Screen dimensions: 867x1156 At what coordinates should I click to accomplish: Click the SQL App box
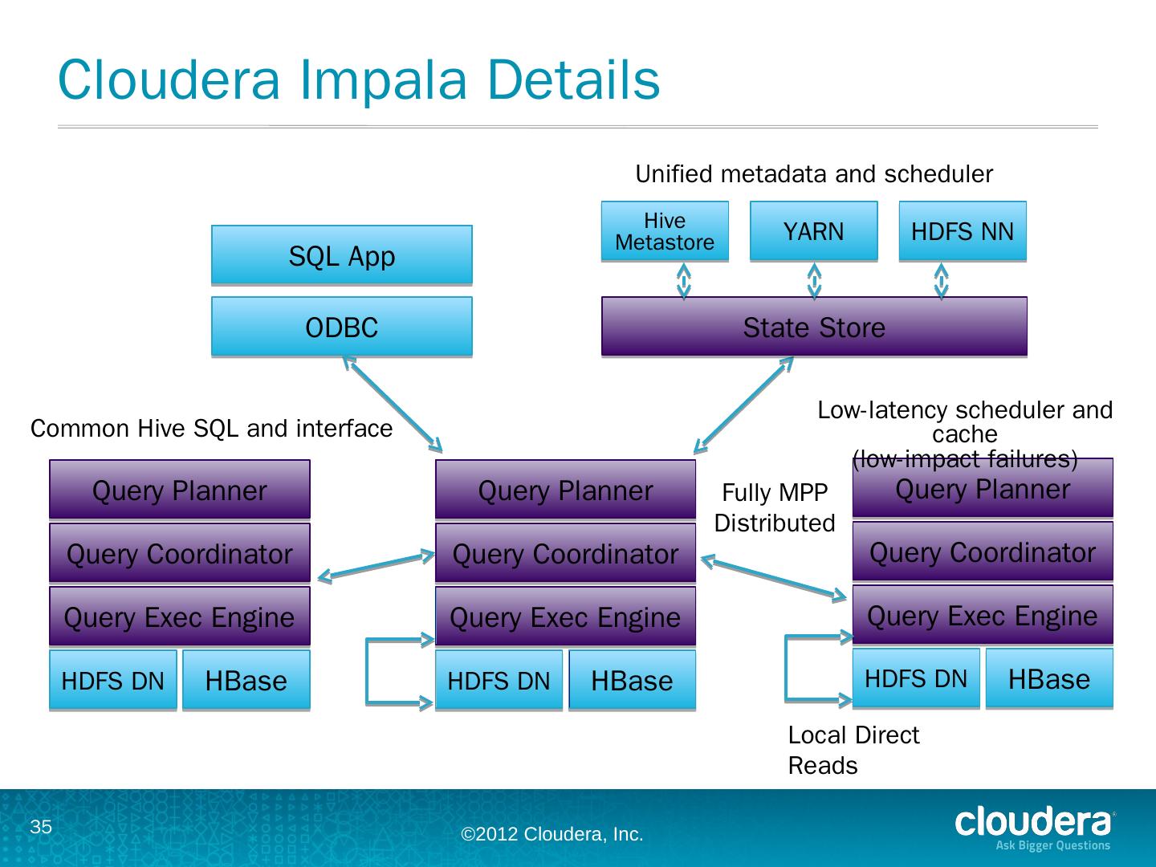(x=341, y=255)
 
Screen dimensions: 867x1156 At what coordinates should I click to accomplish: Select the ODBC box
(x=341, y=327)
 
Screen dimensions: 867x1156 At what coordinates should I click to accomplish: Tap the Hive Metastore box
(x=665, y=231)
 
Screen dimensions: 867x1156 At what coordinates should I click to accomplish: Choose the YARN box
(x=813, y=231)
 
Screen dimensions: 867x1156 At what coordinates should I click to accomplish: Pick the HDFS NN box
(x=962, y=231)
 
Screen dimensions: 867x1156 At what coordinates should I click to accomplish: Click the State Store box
(x=814, y=327)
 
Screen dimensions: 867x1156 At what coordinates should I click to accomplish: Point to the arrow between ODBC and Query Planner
(x=393, y=404)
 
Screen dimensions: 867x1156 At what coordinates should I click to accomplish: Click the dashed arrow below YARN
(x=814, y=280)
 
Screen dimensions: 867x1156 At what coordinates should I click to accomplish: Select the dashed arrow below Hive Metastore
(x=684, y=280)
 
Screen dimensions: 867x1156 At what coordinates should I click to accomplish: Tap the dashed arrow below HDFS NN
(x=942, y=280)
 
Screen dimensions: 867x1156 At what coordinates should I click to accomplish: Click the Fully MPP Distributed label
(x=774, y=507)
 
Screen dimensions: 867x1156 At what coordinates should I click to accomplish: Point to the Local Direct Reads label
(x=853, y=750)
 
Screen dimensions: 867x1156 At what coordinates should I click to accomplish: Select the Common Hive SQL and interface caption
(x=211, y=429)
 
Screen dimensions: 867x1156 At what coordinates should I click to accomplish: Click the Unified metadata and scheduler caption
(x=814, y=174)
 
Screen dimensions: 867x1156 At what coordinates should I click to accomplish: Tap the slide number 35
(x=41, y=828)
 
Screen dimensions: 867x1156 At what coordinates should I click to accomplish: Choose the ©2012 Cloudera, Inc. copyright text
(x=552, y=835)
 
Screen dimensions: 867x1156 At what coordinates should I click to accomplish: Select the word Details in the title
(x=571, y=80)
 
